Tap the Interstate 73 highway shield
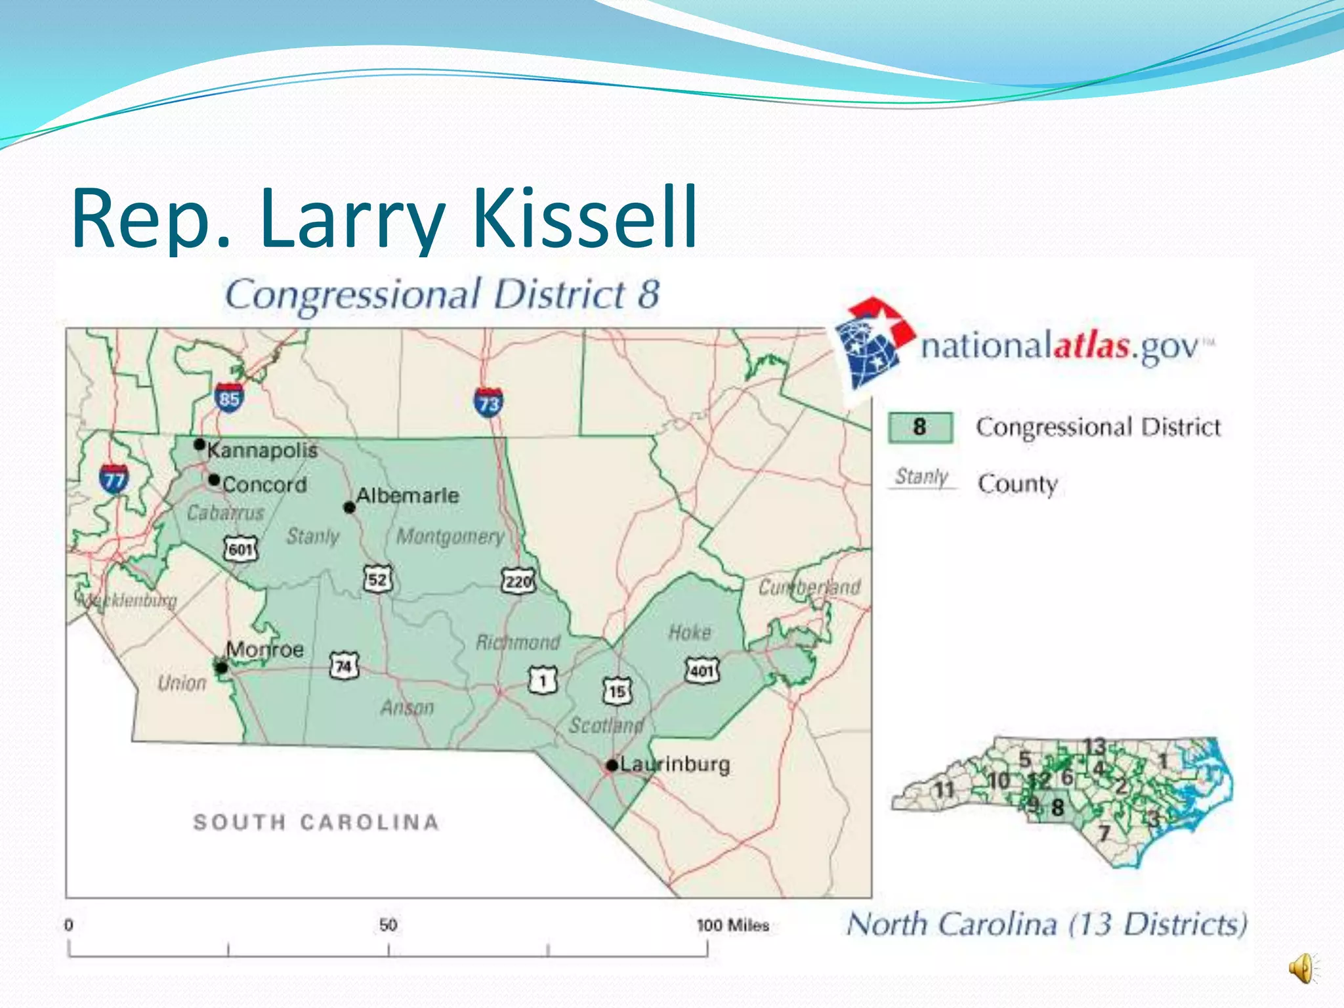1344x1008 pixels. click(488, 402)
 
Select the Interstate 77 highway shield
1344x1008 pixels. click(114, 479)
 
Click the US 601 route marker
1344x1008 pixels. click(241, 549)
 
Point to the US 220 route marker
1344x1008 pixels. click(518, 581)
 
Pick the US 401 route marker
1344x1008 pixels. click(702, 670)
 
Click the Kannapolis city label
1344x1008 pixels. click(262, 450)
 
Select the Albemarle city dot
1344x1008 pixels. click(350, 508)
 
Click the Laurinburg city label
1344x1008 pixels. click(675, 765)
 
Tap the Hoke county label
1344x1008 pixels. click(690, 632)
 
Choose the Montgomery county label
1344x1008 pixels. click(450, 536)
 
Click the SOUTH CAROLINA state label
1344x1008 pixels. click(316, 822)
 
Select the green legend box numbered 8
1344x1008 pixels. click(920, 427)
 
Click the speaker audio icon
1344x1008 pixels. click(1303, 968)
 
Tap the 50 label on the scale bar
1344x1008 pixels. click(388, 925)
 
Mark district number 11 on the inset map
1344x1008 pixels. click(944, 789)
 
